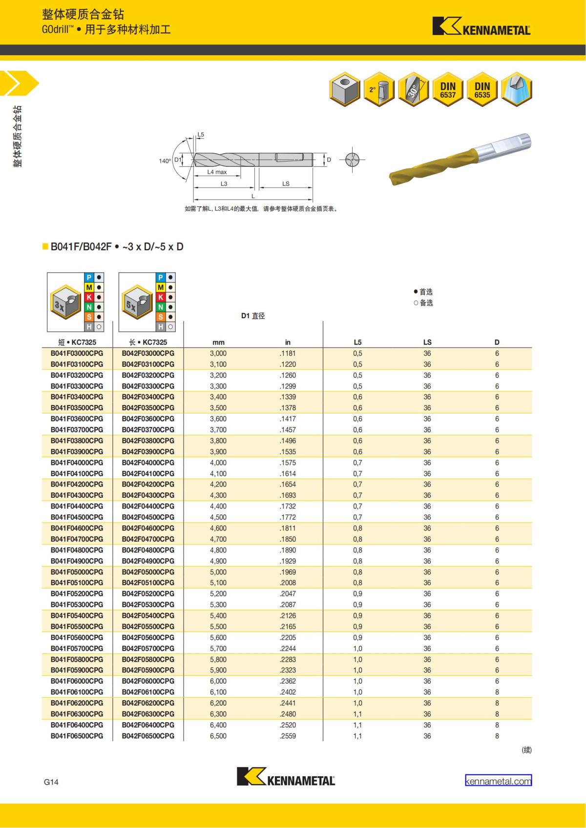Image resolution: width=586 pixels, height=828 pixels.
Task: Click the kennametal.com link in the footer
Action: point(498,781)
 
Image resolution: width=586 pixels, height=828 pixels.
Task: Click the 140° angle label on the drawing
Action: point(165,161)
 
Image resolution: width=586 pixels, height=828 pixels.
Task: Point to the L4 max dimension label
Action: point(217,172)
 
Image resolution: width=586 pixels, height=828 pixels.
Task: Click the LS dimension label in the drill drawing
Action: point(286,184)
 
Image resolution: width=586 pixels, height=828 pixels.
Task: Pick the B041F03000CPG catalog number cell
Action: point(77,353)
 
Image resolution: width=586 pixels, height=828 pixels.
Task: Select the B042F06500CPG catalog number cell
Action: point(148,736)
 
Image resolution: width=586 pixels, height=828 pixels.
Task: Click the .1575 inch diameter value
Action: point(288,463)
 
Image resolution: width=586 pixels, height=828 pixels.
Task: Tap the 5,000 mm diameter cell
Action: point(218,572)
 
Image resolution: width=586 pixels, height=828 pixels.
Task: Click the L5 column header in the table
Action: point(357,342)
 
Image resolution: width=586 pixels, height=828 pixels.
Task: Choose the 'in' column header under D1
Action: point(288,342)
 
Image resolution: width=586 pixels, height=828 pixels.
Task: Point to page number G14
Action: point(51,782)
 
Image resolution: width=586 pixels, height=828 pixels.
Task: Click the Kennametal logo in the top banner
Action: point(481,27)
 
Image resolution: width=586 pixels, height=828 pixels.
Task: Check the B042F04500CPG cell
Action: point(148,517)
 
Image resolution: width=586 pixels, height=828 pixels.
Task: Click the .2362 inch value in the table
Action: point(288,681)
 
